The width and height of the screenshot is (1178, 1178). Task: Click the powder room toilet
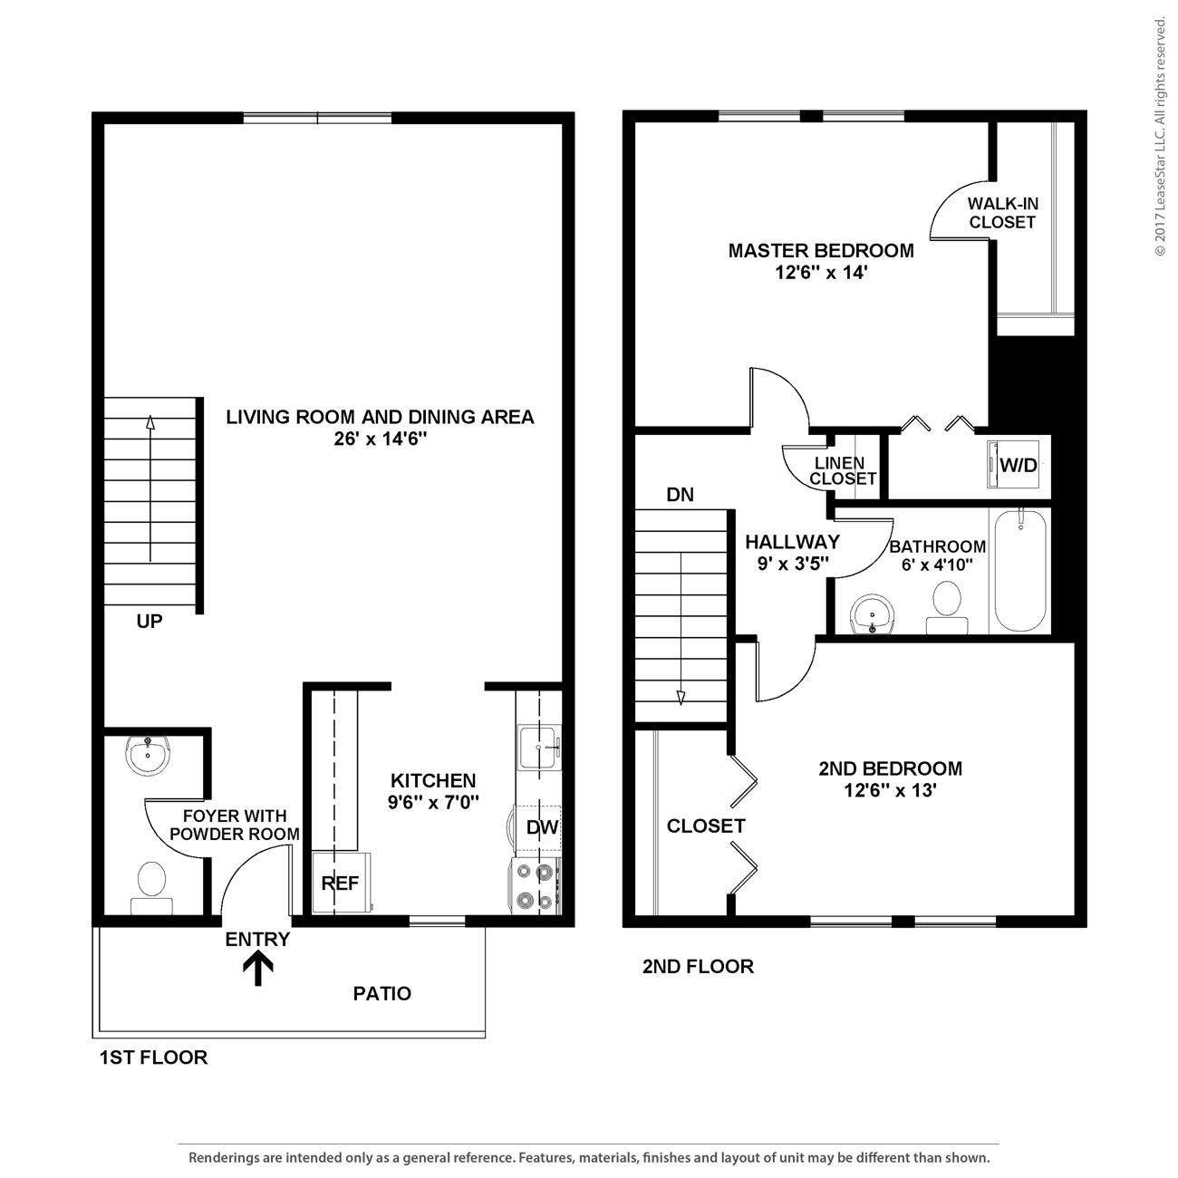pyautogui.click(x=151, y=887)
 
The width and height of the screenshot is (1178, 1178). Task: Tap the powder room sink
pyautogui.click(x=148, y=756)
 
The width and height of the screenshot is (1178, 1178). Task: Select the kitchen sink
pyautogui.click(x=538, y=747)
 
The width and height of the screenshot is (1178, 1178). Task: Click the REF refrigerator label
pyautogui.click(x=340, y=883)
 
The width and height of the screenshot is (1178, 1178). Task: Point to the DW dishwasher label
pyautogui.click(x=542, y=827)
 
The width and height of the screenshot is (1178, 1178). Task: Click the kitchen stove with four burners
pyautogui.click(x=535, y=886)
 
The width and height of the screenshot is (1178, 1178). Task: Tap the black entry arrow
pyautogui.click(x=258, y=970)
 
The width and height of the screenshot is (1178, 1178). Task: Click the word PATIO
pyautogui.click(x=382, y=993)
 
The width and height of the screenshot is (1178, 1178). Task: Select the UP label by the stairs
pyautogui.click(x=150, y=621)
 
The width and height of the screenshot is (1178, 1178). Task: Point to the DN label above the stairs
pyautogui.click(x=680, y=495)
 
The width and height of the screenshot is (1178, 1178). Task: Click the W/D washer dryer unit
pyautogui.click(x=1013, y=464)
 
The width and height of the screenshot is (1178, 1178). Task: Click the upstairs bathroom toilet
pyautogui.click(x=947, y=607)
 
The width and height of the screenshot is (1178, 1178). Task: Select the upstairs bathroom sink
pyautogui.click(x=873, y=613)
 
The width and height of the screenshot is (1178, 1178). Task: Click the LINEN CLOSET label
pyautogui.click(x=843, y=470)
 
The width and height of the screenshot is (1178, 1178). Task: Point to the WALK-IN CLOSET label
pyautogui.click(x=1002, y=213)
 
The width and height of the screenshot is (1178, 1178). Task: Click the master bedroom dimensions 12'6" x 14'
pyautogui.click(x=821, y=273)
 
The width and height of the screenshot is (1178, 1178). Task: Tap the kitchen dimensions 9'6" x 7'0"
pyautogui.click(x=433, y=802)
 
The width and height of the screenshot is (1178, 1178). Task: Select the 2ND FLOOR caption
pyautogui.click(x=698, y=967)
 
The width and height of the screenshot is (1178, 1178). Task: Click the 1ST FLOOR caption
pyautogui.click(x=153, y=1057)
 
